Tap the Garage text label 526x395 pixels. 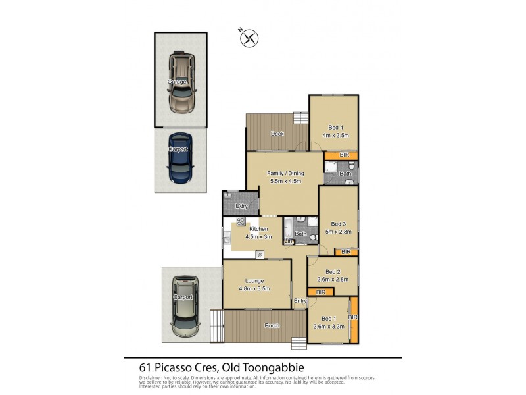pyautogui.click(x=176, y=82)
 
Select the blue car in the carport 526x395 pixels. pyautogui.click(x=179, y=158)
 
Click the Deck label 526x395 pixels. pyautogui.click(x=277, y=134)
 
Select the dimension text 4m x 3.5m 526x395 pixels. pyautogui.click(x=335, y=135)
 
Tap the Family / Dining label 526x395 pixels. pyautogui.click(x=284, y=174)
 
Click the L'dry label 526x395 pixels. pyautogui.click(x=241, y=207)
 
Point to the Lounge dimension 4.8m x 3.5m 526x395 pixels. pyautogui.click(x=254, y=288)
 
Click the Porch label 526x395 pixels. pyautogui.click(x=272, y=325)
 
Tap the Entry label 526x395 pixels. pyautogui.click(x=300, y=301)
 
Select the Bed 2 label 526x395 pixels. pyautogui.click(x=333, y=271)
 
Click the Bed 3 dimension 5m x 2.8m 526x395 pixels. pyautogui.click(x=338, y=231)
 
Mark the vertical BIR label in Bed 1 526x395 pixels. pyautogui.click(x=353, y=317)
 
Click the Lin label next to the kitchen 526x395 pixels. pyautogui.click(x=287, y=242)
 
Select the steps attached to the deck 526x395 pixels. pyautogui.click(x=300, y=118)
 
